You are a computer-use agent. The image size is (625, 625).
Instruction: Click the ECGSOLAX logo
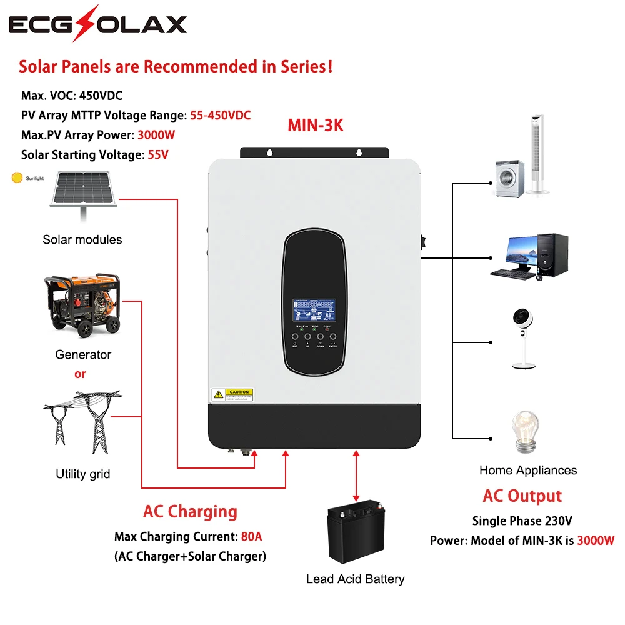pyautogui.click(x=97, y=24)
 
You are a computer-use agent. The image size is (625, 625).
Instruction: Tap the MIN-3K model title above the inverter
pyautogui.click(x=315, y=125)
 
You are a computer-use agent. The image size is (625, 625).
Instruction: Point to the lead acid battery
pyautogui.click(x=355, y=532)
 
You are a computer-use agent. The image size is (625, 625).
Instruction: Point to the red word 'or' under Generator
pyautogui.click(x=80, y=374)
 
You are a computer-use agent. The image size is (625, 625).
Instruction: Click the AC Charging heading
pyautogui.click(x=190, y=512)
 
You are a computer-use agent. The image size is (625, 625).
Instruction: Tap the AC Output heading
pyautogui.click(x=522, y=496)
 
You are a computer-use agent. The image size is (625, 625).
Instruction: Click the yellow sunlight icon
pyautogui.click(x=17, y=178)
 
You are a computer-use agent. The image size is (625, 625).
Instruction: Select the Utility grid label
pyautogui.click(x=82, y=474)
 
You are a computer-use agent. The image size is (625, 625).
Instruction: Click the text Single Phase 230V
pyautogui.click(x=522, y=521)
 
